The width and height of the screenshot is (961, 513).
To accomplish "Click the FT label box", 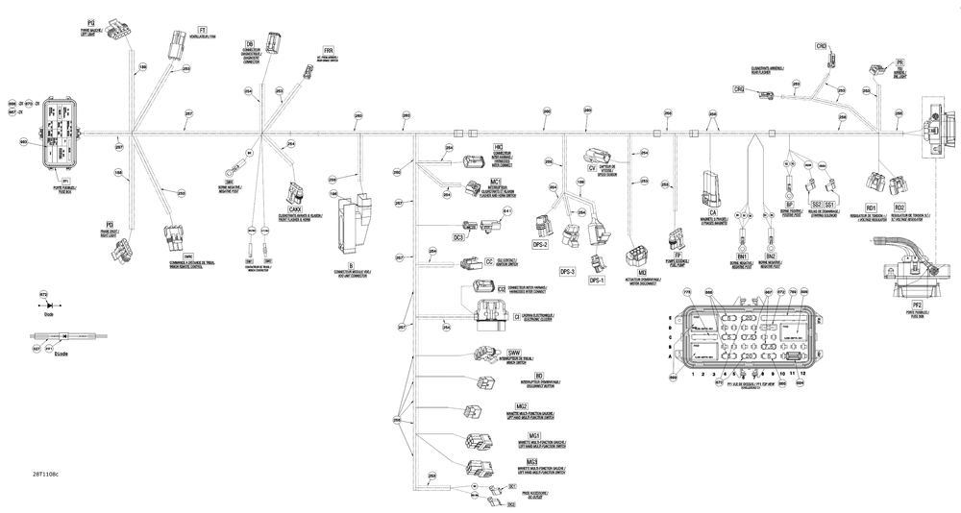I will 203,30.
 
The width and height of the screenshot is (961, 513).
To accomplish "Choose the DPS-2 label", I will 539,245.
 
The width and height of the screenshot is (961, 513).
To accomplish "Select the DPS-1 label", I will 594,281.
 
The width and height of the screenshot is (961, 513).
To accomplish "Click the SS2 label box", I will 816,205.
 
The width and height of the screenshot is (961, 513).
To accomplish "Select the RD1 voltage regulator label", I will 871,208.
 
